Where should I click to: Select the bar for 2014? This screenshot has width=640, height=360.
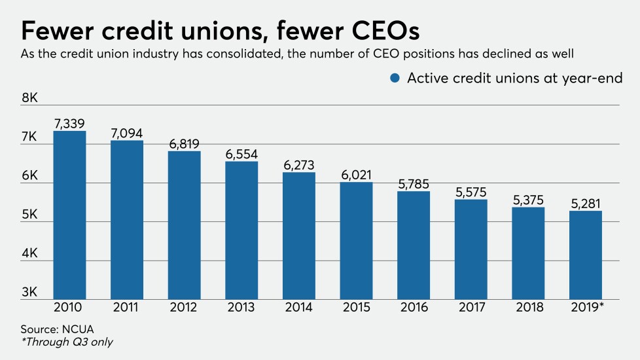(x=299, y=236)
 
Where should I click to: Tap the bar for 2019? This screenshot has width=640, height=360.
(x=586, y=255)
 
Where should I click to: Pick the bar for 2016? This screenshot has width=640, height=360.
(x=414, y=245)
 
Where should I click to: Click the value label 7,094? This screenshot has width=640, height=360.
(x=127, y=133)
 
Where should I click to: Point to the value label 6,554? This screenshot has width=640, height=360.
(x=241, y=154)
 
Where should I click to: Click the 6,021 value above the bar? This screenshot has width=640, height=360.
(x=356, y=175)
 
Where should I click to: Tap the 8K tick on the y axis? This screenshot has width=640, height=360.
(x=30, y=98)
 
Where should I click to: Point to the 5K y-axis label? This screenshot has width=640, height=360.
(x=30, y=215)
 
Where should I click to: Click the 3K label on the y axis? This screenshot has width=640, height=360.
(x=30, y=292)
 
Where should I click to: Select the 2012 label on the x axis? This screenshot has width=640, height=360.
(x=184, y=308)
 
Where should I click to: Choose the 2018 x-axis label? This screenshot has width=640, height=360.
(x=528, y=308)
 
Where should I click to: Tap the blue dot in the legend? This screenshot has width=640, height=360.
(x=395, y=78)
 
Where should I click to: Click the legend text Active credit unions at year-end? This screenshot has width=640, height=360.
(x=514, y=78)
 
